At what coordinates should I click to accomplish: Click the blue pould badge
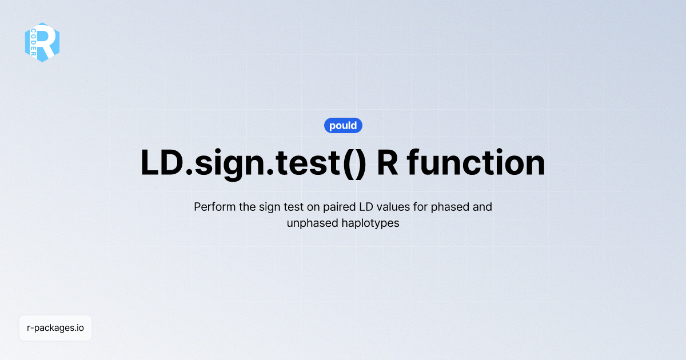[343, 126]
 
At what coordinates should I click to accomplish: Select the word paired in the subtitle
[345, 207]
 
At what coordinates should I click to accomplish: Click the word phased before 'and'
[454, 206]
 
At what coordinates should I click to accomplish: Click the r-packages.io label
[55, 328]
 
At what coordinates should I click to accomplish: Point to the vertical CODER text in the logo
[34, 42]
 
